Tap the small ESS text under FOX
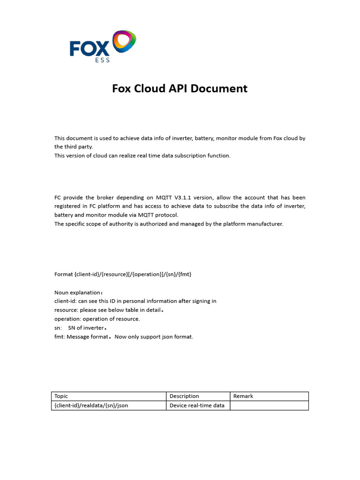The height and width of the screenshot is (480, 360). tap(103, 60)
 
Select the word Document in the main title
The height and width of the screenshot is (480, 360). tap(217, 88)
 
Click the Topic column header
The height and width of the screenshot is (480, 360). tap(61, 396)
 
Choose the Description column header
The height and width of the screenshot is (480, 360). tap(184, 396)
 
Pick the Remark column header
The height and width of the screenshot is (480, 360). tap(243, 396)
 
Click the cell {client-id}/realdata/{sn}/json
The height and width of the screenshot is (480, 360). tap(91, 405)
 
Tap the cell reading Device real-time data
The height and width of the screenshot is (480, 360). tap(197, 405)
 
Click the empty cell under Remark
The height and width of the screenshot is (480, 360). tap(269, 405)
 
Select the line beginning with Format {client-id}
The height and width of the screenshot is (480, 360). tap(123, 274)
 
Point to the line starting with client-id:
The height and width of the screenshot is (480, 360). tap(135, 301)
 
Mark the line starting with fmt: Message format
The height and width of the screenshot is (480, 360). tap(123, 337)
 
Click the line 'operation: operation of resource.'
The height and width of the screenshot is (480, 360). tap(97, 319)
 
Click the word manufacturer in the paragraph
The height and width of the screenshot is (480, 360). tap(265, 224)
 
